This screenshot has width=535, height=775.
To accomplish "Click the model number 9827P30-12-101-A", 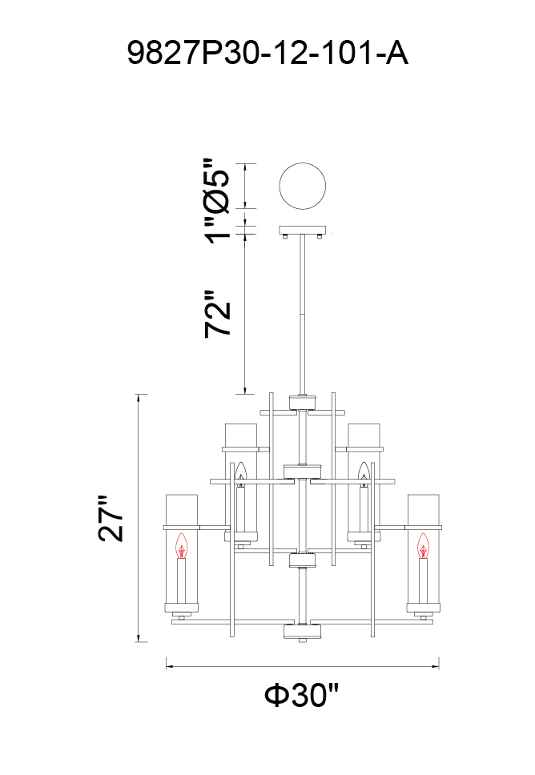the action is tap(267, 53).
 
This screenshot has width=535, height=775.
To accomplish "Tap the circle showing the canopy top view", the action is tap(302, 187).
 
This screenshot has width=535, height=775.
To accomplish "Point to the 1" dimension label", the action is tap(218, 231).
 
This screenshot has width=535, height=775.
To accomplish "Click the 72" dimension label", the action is tap(218, 314).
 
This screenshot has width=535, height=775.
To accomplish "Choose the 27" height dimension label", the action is tap(111, 519).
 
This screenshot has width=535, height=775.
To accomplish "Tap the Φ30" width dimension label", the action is tap(302, 696).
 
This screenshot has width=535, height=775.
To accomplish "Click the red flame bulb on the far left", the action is tap(182, 546).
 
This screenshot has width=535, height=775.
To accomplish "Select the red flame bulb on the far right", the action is tap(423, 546).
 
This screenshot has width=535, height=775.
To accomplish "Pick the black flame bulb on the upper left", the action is tap(240, 473).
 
